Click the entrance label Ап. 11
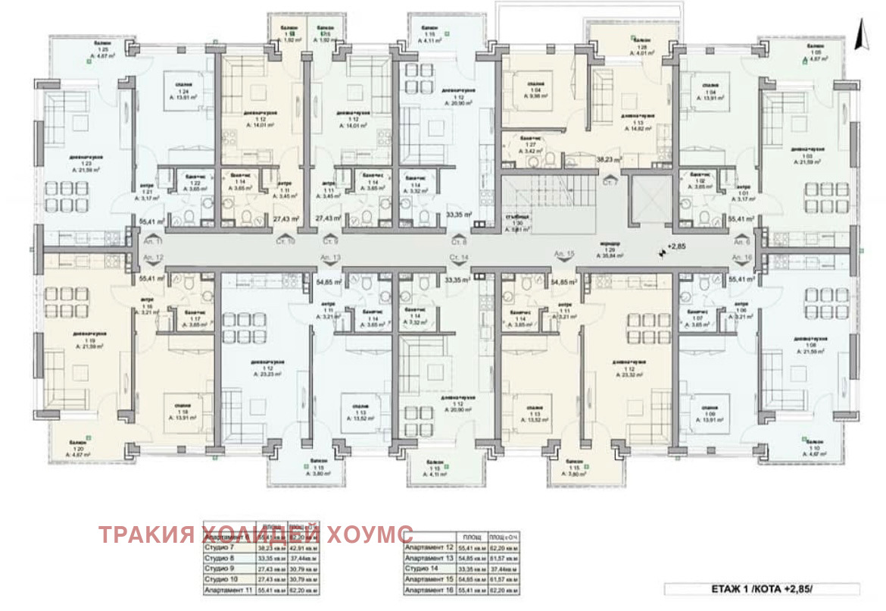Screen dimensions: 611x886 click(x=151, y=240)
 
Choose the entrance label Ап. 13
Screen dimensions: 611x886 click(x=332, y=258)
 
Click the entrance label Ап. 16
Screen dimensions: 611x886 click(x=741, y=258)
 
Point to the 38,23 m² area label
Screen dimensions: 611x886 click(x=610, y=160)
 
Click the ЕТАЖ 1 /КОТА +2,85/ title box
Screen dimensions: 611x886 click(x=762, y=588)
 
